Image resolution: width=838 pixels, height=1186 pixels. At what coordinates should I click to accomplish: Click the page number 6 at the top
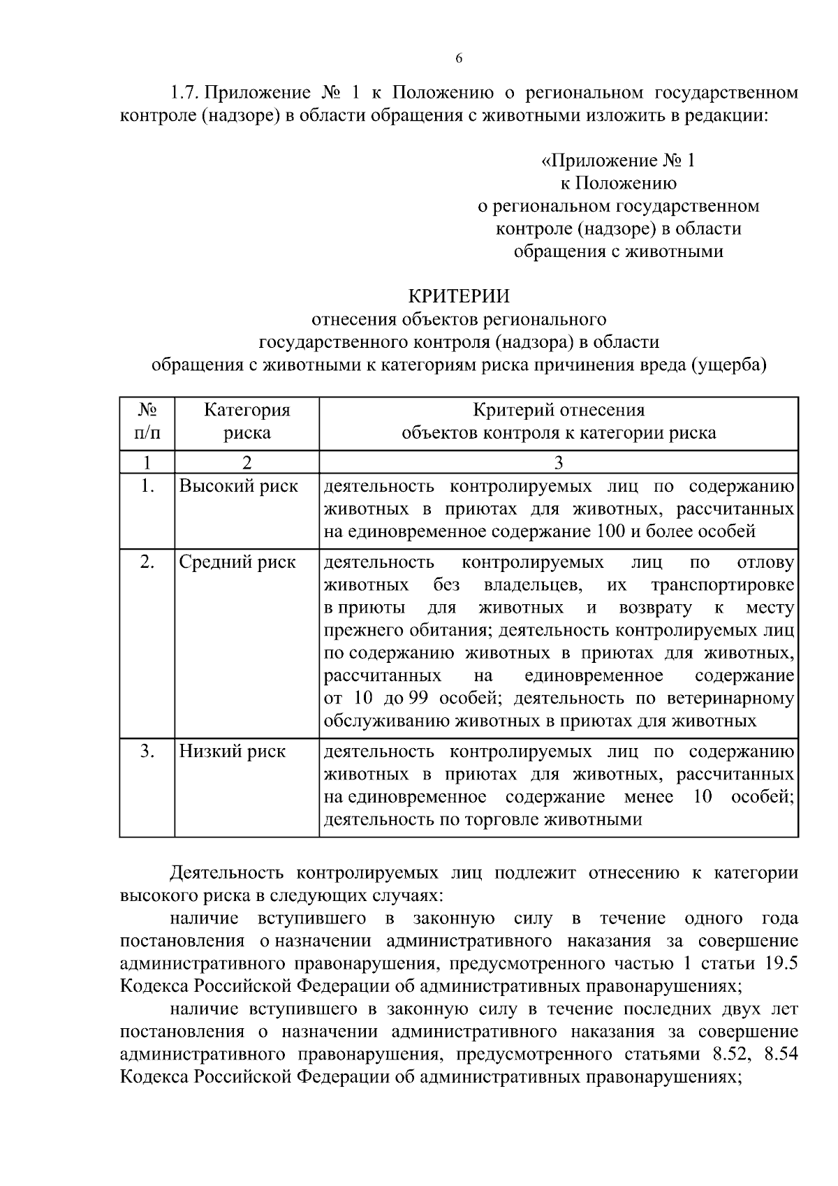(459, 59)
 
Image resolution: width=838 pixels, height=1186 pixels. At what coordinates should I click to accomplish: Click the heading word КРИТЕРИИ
(459, 297)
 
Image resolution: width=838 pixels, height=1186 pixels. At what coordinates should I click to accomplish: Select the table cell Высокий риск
(238, 486)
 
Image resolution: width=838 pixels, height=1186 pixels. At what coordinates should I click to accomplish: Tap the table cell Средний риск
(237, 562)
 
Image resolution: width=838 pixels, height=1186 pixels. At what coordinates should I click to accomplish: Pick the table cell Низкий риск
(233, 752)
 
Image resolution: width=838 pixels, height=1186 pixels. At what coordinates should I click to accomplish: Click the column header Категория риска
(247, 421)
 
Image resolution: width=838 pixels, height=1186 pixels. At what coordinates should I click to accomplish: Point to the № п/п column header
(147, 421)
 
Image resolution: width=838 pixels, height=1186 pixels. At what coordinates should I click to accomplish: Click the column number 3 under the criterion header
(558, 462)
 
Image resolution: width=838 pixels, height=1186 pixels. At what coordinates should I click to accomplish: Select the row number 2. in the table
(147, 562)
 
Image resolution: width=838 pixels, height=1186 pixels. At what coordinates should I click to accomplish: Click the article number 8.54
(781, 1054)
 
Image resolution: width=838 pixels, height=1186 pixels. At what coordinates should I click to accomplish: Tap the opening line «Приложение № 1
(619, 161)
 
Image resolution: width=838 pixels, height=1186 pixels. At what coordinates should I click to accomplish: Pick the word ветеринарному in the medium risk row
(731, 698)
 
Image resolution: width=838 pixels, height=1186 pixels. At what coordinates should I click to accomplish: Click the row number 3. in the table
(147, 752)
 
